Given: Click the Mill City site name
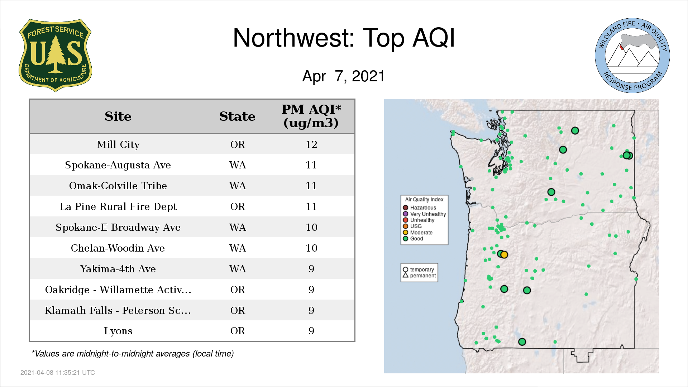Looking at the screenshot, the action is [118, 144].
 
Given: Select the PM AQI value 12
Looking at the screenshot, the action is [311, 144].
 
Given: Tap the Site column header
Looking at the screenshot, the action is [118, 116].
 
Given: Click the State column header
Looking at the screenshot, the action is [237, 116].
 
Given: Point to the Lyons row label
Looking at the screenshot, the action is [118, 331].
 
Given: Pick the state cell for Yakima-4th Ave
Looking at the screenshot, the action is [238, 269].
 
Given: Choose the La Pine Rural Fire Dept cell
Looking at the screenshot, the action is [118, 207].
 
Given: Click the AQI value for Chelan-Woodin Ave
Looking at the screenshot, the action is [311, 248].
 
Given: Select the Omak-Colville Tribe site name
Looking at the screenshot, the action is [118, 186].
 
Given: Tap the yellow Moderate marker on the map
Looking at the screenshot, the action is [504, 255].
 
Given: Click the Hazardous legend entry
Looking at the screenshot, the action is [419, 207].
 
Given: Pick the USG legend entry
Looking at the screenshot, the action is [412, 226].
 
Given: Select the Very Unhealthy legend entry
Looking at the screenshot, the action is [424, 214].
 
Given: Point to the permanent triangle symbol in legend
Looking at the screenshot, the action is [406, 275].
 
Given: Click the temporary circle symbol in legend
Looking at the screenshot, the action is [406, 269].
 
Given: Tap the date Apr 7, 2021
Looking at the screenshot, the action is [343, 76].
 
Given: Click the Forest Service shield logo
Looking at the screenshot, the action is [55, 56].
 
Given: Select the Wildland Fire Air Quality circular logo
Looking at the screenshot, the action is [632, 56].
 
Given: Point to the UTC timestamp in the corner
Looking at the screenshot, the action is [58, 373].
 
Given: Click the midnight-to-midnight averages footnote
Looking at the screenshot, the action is [133, 354].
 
